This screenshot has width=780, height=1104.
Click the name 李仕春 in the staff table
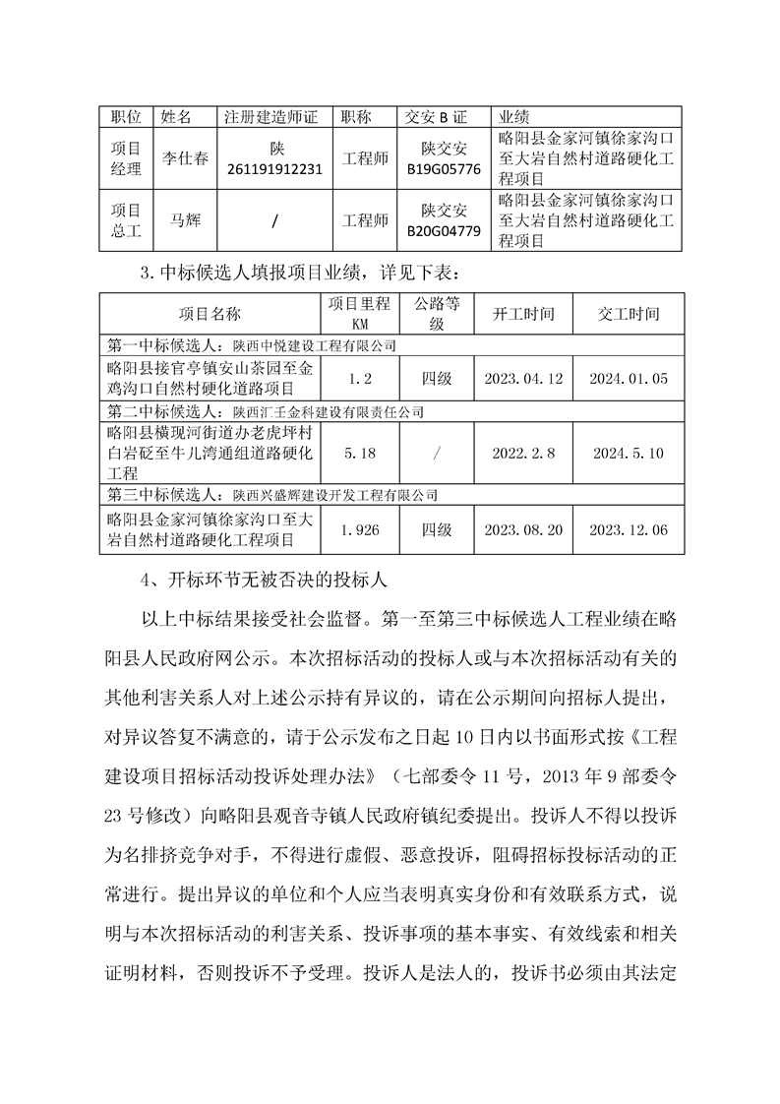tap(185, 158)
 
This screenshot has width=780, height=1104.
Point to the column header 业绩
tap(516, 117)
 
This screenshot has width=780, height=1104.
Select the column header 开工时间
tap(524, 314)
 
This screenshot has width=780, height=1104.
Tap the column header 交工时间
tap(629, 314)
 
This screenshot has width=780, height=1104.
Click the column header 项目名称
tap(210, 314)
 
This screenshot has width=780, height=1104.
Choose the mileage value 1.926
tap(359, 529)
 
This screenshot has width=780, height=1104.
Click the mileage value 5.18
tap(359, 454)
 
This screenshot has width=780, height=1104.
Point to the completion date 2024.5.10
tap(629, 454)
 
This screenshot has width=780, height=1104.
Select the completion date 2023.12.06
tap(629, 529)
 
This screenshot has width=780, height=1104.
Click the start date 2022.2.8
tap(524, 454)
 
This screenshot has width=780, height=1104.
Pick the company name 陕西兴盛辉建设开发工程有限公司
tap(334, 496)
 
